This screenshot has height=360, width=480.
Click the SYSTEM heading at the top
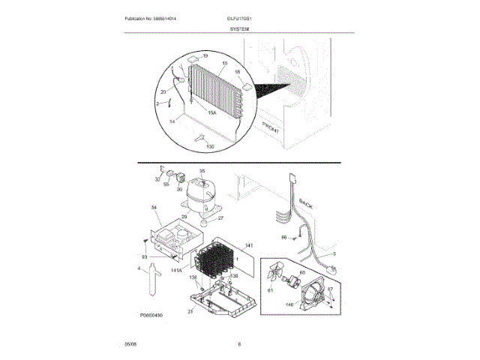[x=239, y=28]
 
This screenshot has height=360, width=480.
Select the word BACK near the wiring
[x=306, y=203]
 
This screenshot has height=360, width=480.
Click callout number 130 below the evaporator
[x=209, y=145]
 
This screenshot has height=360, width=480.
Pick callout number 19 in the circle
[x=205, y=57]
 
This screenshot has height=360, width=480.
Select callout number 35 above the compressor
[x=201, y=171]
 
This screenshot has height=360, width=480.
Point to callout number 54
[x=154, y=208]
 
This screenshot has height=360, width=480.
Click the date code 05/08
[x=130, y=344]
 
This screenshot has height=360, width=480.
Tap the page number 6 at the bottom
[x=239, y=344]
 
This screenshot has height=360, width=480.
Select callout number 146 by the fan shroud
[x=289, y=306]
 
